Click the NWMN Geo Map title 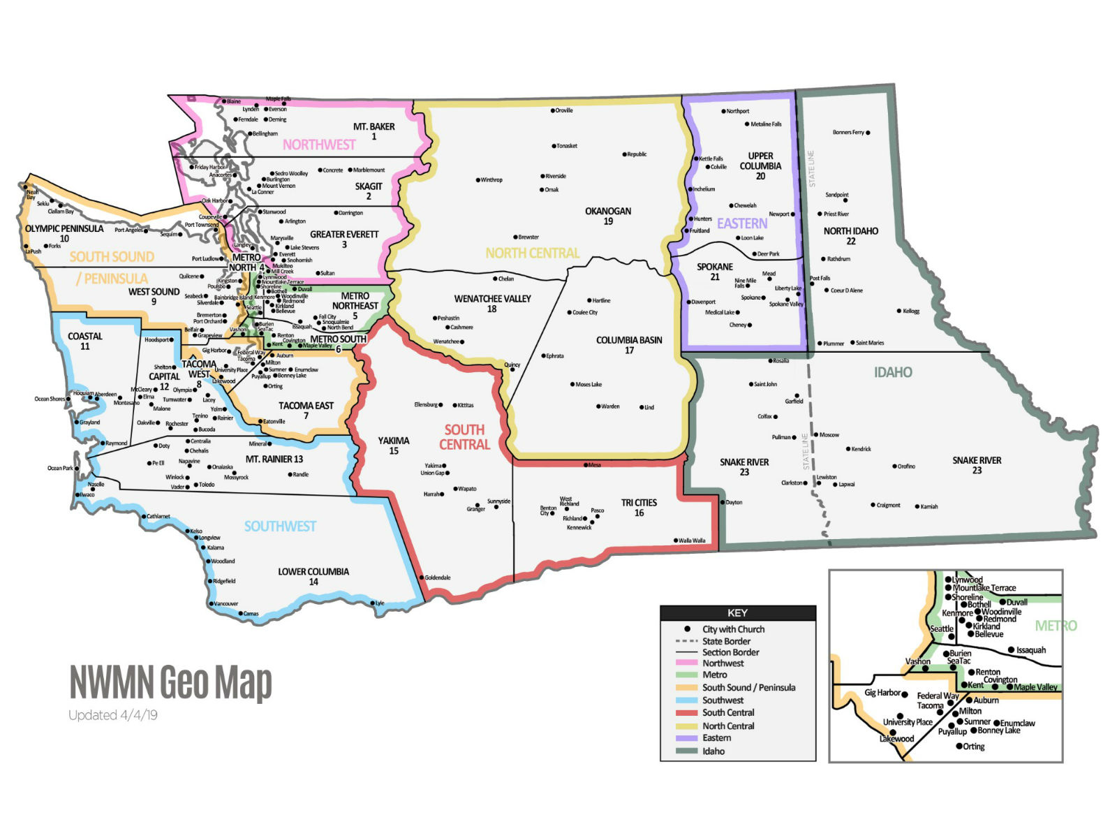click(x=170, y=682)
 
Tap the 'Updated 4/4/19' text click(x=112, y=715)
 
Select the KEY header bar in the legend click(x=737, y=613)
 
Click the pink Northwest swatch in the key click(x=687, y=663)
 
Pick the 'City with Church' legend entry click(x=733, y=629)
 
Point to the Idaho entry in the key click(x=713, y=751)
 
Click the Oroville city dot click(x=553, y=110)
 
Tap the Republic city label click(x=637, y=154)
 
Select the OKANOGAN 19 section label click(x=608, y=216)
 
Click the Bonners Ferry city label click(x=848, y=132)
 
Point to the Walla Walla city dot click(x=676, y=541)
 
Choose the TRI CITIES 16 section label click(x=639, y=508)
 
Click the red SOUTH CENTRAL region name click(x=464, y=437)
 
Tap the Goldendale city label click(x=438, y=578)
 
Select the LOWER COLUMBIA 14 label click(x=313, y=576)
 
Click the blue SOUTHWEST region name click(x=280, y=527)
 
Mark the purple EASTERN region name click(x=742, y=223)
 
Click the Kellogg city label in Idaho click(x=911, y=311)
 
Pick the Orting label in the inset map click(x=974, y=747)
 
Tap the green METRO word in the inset click(x=1056, y=626)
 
